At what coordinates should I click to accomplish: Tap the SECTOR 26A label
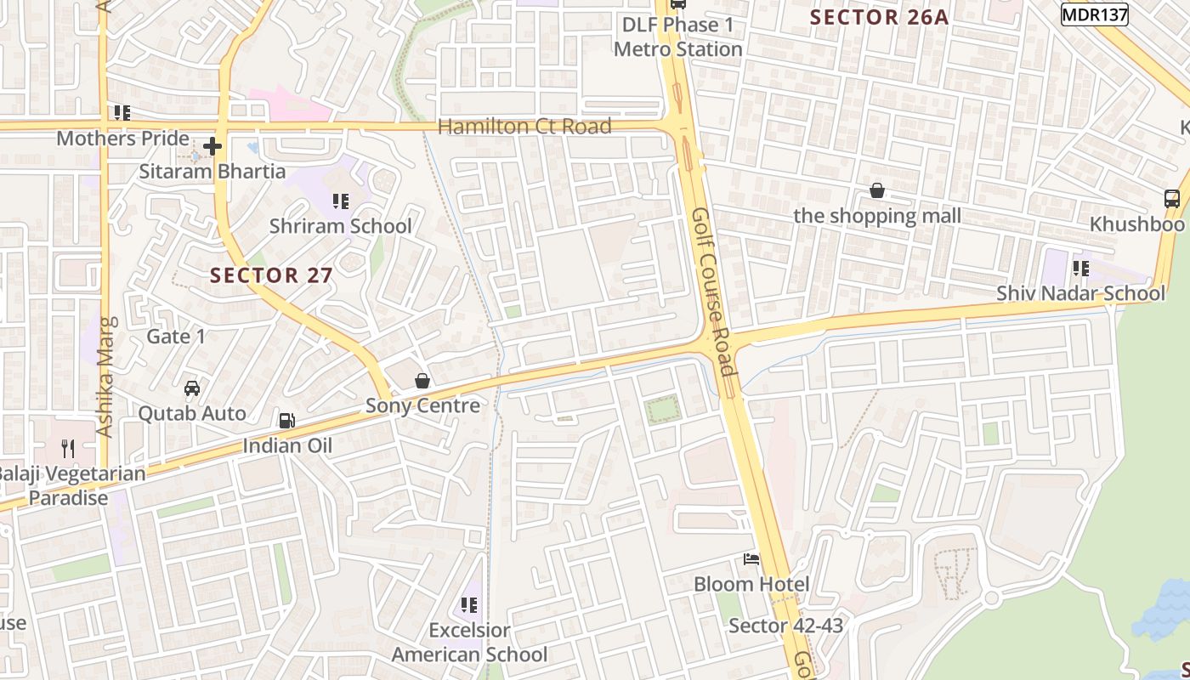879,17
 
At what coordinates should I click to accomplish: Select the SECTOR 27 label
271,275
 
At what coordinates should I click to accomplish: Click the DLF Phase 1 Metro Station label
678,37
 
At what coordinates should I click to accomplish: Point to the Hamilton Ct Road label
524,127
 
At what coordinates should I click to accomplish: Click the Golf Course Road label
712,292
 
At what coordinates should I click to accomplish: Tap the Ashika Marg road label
105,377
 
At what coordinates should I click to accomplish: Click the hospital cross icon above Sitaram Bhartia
212,146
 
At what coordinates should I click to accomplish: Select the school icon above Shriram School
341,201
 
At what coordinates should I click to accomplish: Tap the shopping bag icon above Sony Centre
422,381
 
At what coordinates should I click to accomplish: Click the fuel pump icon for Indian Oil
287,421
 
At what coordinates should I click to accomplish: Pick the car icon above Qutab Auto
192,388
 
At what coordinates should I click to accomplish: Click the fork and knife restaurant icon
68,448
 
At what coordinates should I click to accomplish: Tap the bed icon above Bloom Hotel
751,559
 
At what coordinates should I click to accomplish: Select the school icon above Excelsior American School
468,605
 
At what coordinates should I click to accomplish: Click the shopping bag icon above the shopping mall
877,191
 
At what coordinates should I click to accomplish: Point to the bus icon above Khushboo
1172,199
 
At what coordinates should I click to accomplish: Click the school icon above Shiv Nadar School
1080,269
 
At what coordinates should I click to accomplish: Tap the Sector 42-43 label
785,626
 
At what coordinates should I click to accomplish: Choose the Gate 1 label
176,337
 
